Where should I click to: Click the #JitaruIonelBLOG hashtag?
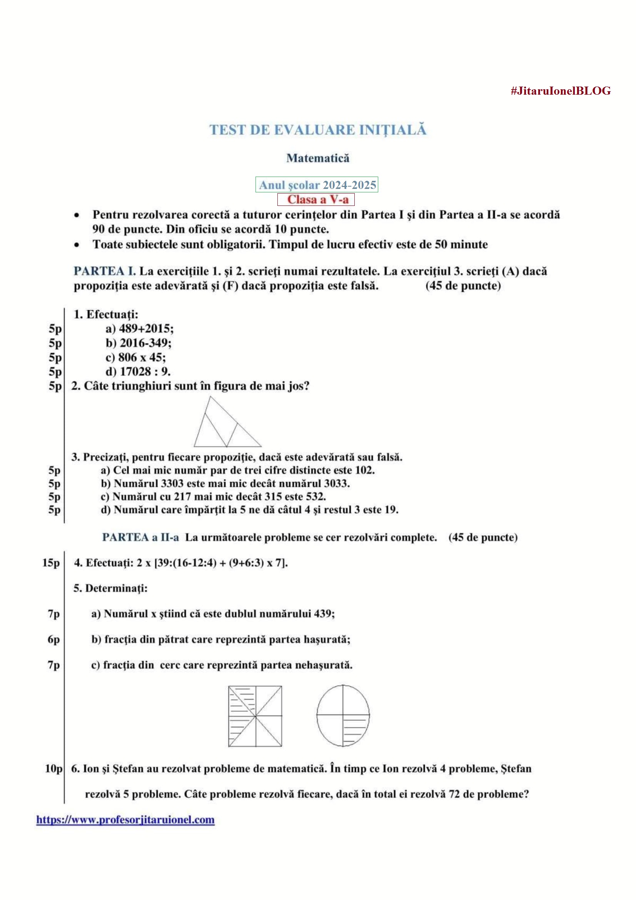point(560,91)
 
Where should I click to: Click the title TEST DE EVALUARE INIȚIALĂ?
point(318,130)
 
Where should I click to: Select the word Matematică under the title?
point(318,158)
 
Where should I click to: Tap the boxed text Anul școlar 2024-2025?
point(317,185)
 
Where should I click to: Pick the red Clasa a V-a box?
point(316,200)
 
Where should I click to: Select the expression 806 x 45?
point(141,357)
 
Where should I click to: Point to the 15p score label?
point(51,563)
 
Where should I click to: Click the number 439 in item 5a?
point(324,613)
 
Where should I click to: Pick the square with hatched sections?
point(255,716)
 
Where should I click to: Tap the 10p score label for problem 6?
point(53,769)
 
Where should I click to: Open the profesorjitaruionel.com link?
point(125,820)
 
